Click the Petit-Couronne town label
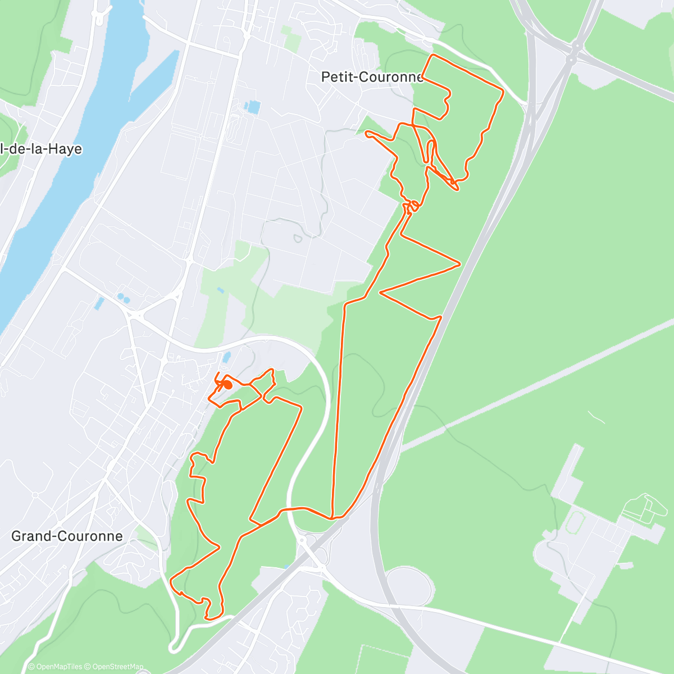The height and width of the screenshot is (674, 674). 372,77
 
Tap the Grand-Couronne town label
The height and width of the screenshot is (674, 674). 67,536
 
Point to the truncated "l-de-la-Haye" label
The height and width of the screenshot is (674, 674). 42,149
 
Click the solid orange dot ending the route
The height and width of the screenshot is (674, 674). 228,385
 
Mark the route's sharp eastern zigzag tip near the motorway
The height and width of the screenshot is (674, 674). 460,263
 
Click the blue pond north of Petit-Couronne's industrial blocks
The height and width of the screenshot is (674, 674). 253,106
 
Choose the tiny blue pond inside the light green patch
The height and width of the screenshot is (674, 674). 220,290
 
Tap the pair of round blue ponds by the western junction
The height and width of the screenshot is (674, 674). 122,298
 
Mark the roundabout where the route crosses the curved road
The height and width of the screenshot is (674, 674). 302,539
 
